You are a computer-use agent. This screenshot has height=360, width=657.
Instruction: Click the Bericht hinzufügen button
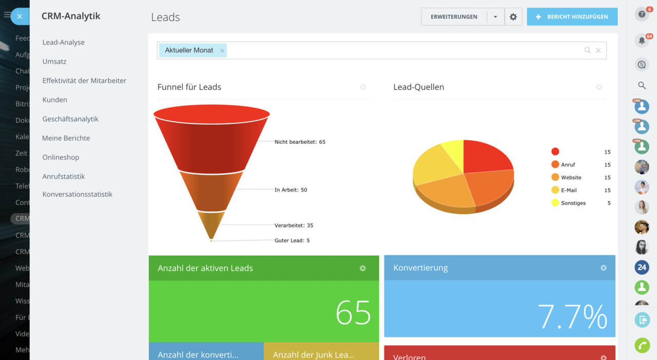point(572,17)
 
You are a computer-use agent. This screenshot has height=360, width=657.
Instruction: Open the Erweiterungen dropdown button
point(495,17)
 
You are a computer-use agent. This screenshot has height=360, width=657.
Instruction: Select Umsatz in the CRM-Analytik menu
point(54,62)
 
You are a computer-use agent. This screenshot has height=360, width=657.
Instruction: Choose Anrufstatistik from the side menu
point(64,177)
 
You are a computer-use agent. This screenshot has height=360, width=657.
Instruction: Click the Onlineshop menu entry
point(61,158)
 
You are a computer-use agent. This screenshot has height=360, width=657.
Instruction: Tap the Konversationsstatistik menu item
point(78,195)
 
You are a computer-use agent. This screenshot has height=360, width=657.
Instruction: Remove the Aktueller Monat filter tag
point(222,51)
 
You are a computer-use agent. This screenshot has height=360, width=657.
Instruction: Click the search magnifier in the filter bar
point(587,50)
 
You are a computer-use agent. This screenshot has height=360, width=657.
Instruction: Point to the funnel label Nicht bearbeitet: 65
point(300,142)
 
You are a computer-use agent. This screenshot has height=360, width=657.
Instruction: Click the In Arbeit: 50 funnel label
point(291,190)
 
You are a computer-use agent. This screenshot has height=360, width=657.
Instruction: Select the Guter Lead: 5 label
point(292,240)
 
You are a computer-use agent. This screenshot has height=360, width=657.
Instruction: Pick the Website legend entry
point(571,178)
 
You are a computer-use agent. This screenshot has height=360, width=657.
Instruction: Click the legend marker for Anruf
point(555,165)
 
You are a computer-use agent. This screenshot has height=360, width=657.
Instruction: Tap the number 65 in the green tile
point(353,312)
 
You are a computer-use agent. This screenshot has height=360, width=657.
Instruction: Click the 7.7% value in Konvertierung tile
point(572,316)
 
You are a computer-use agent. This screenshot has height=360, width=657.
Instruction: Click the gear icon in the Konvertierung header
point(604,268)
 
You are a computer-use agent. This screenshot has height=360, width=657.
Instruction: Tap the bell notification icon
point(642,41)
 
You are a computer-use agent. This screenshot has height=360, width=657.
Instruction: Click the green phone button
point(642,346)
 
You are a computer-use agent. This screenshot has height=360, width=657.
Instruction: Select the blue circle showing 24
point(642,267)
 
